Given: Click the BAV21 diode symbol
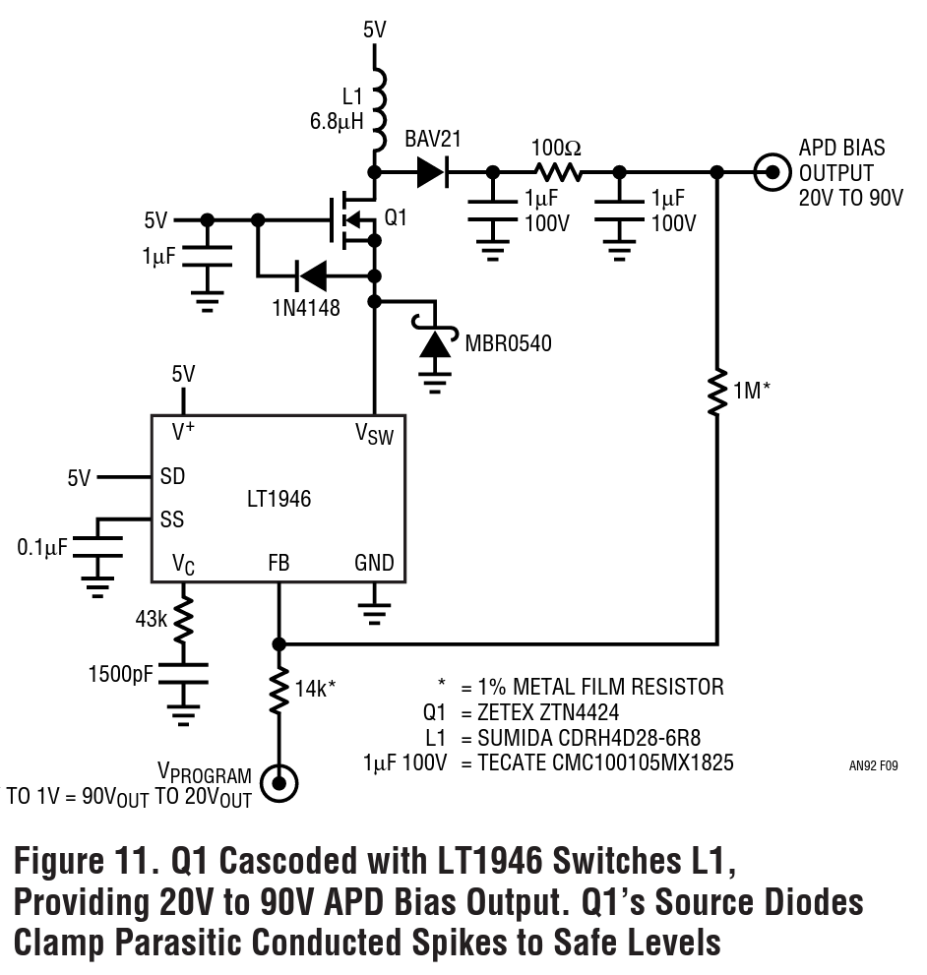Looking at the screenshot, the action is [432, 171].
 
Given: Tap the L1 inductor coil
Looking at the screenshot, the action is [379, 109].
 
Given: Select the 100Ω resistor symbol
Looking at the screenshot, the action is [558, 171].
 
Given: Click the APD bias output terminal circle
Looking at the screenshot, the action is [772, 172].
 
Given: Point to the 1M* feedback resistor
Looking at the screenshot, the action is [717, 392].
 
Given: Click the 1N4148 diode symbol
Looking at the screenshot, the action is [310, 275].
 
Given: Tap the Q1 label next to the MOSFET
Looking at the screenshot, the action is [396, 217].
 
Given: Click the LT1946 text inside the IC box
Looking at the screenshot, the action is [278, 499].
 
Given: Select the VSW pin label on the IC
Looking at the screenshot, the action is [374, 434].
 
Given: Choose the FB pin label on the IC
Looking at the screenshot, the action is [278, 563].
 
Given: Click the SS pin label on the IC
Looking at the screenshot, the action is [172, 519].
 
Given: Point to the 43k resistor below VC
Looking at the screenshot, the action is [184, 620].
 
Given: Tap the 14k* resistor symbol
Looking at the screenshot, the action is [279, 689].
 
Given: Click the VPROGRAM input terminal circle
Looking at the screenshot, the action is [278, 783].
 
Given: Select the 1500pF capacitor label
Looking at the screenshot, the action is [121, 674].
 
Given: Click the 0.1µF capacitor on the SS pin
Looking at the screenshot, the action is [97, 547].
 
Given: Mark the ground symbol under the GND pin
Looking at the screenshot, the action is [374, 613].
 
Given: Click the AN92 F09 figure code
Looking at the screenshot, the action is [874, 766].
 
